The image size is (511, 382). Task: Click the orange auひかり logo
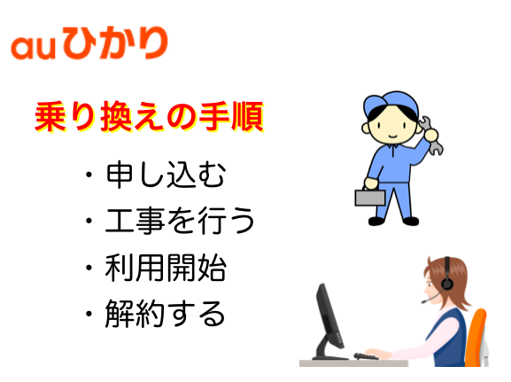[x=89, y=43]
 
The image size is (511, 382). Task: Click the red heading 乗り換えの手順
[x=150, y=117]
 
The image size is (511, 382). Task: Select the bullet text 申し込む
[x=166, y=175]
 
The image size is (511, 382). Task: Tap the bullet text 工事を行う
[x=180, y=221]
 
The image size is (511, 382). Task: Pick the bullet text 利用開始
[x=166, y=268]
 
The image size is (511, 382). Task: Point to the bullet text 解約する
[x=165, y=314]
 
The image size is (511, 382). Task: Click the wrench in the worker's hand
[x=430, y=136]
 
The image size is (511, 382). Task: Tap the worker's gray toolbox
[x=370, y=197]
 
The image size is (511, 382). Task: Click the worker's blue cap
[x=391, y=103]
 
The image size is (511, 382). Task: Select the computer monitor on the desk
[x=329, y=322]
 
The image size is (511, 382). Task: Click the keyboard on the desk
[x=367, y=356]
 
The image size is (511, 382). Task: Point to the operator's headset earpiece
[x=446, y=284]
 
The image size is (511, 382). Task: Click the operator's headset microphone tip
[x=423, y=301]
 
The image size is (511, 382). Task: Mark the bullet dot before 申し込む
[x=89, y=175]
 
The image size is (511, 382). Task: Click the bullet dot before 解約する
[x=89, y=314]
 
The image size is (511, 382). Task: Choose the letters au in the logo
[x=32, y=48]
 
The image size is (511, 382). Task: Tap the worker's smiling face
[x=392, y=126]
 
